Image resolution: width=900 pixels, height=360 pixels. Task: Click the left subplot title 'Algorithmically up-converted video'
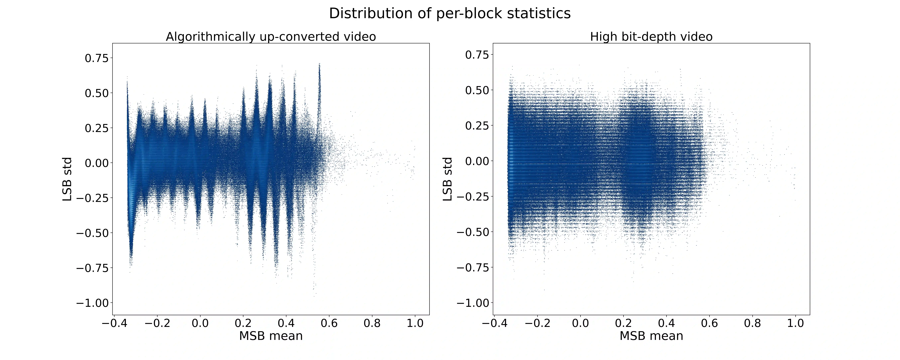click(x=271, y=37)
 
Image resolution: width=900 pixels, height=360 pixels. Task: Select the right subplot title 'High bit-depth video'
click(x=651, y=37)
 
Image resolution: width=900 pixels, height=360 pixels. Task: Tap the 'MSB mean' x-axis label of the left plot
click(x=271, y=336)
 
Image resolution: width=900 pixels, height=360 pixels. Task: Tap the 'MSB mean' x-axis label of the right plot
click(x=651, y=336)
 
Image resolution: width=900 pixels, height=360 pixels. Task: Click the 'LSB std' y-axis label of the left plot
click(x=67, y=179)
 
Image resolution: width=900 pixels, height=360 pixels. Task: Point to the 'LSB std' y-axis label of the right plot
click(x=448, y=179)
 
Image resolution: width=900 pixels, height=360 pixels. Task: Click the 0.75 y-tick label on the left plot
click(x=97, y=58)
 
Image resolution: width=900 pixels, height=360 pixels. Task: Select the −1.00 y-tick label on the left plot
click(x=93, y=303)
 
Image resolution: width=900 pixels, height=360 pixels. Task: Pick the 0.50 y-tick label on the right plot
click(x=477, y=90)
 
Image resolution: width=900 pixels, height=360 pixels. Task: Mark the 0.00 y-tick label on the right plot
click(x=477, y=161)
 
